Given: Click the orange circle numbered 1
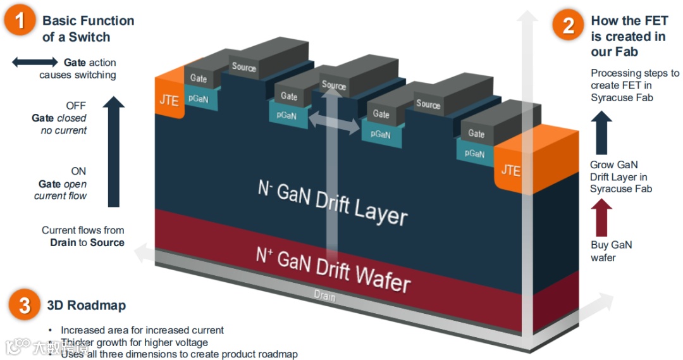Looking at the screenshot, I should tap(20, 20).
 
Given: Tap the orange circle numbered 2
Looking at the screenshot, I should tap(568, 25).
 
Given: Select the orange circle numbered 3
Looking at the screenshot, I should tap(25, 306).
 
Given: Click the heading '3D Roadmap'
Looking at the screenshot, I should tap(87, 306).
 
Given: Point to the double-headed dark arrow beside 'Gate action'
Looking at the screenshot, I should tap(35, 62).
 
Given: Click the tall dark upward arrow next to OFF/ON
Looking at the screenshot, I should tap(113, 152).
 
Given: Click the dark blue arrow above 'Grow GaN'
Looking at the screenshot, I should tap(601, 133).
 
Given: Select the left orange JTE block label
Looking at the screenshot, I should tap(169, 100).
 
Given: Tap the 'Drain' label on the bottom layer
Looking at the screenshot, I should tap(324, 296).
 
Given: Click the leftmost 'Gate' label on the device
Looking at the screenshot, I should tap(199, 78).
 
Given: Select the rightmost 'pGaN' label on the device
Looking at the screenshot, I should tap(474, 153).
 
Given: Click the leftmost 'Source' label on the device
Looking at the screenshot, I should tap(244, 66).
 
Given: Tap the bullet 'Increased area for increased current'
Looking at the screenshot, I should tap(142, 330).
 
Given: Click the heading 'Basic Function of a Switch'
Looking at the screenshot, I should tap(88, 28).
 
